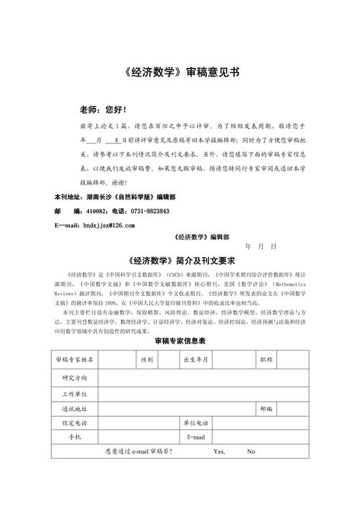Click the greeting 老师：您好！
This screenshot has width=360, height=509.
pos(104,110)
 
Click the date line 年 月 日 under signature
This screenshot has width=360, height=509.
pos(261,246)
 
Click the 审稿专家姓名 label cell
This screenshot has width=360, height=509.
pos(73,359)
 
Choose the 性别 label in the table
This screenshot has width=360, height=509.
pos(147,359)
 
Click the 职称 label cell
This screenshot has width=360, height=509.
pos(266,359)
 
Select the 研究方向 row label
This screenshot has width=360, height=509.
pos(74,377)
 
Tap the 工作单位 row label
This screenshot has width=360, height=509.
pos(74,394)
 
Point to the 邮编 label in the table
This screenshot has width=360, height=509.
pos(266,408)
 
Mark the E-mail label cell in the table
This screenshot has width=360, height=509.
pos(196,437)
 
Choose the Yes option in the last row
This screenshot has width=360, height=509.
pos(220,451)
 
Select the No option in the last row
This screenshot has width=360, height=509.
pos(251,451)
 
